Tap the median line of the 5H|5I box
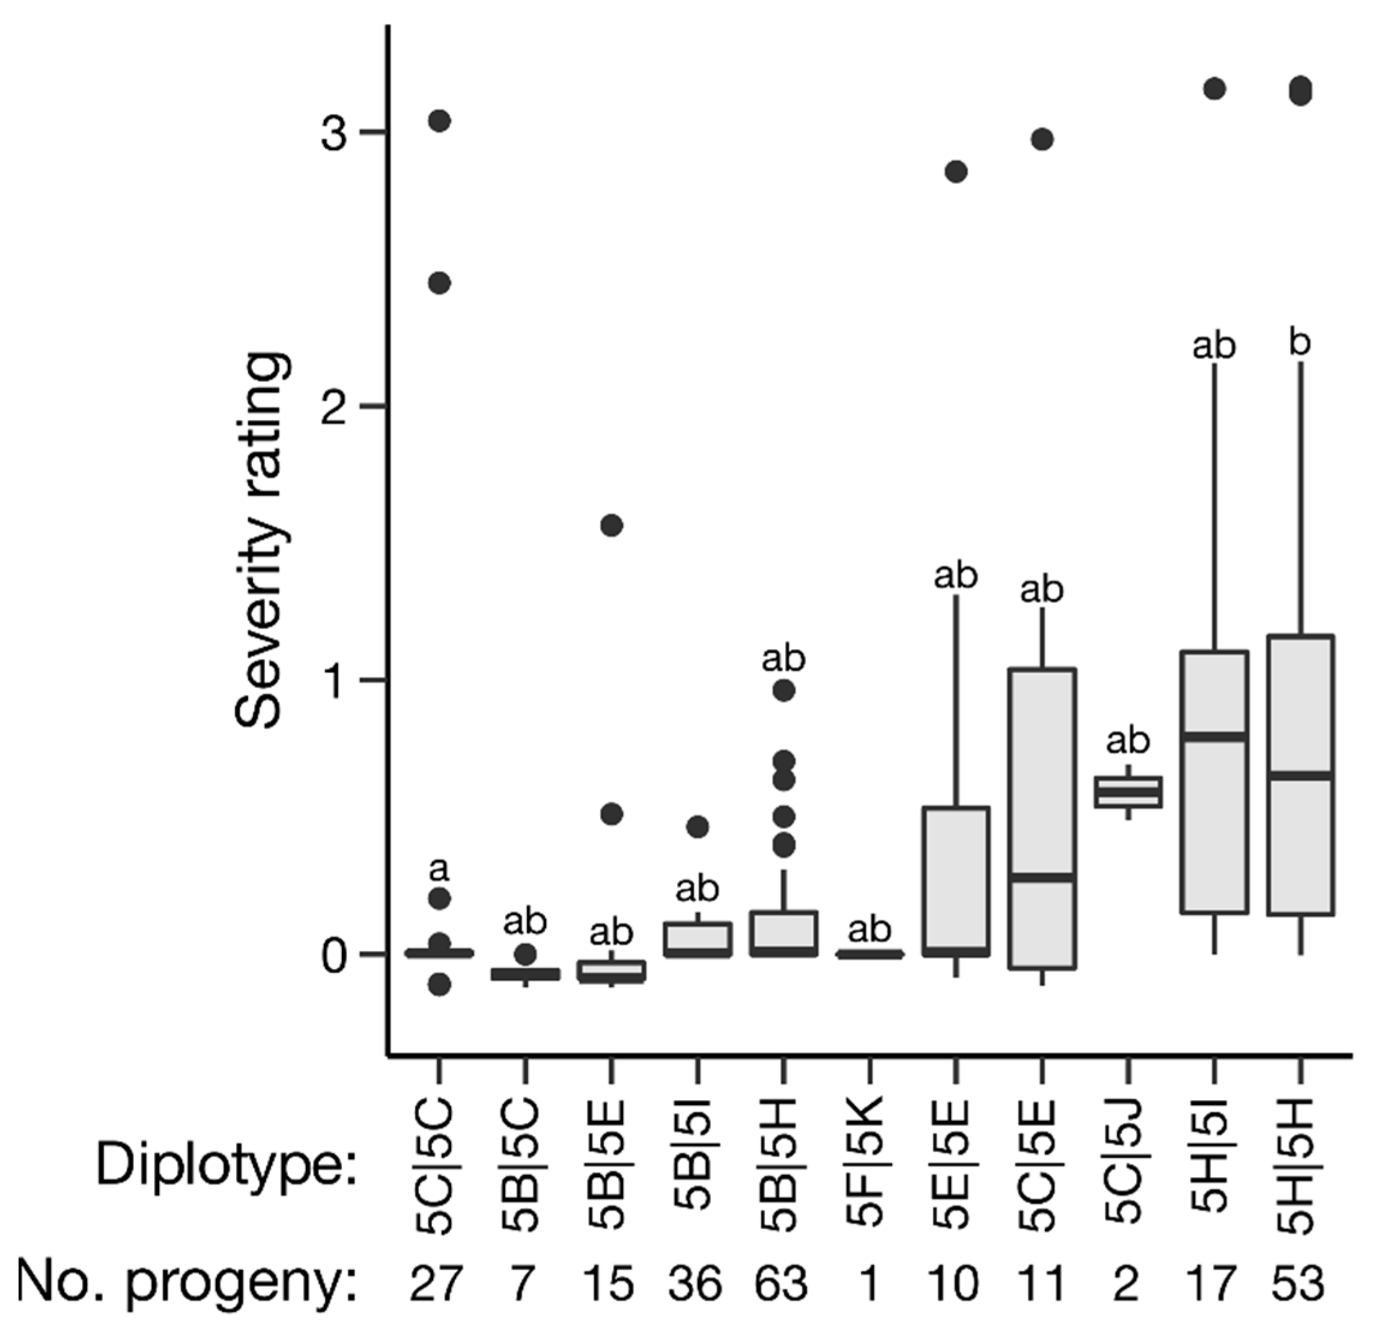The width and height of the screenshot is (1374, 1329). [1214, 736]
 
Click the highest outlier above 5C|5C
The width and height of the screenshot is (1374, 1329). [439, 121]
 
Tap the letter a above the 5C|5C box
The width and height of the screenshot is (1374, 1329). [439, 870]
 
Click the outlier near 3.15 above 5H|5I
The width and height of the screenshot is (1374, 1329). [1214, 89]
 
